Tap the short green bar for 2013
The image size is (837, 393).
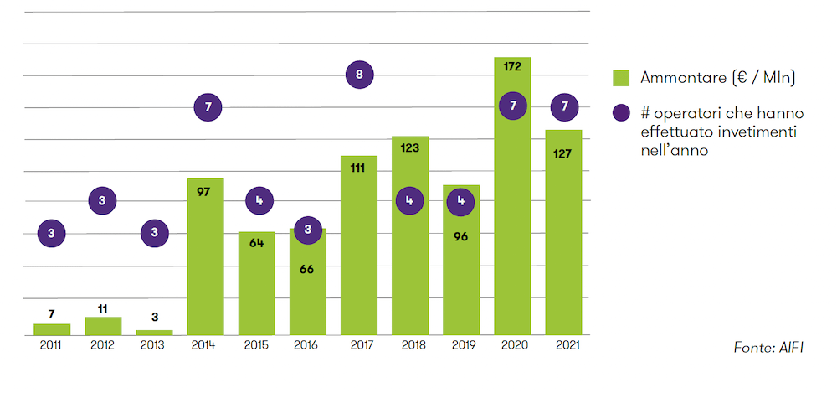[154, 332]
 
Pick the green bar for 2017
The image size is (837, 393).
[358, 251]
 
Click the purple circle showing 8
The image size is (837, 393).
[359, 75]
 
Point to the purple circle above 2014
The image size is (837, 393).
[207, 107]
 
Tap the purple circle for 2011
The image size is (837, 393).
[51, 233]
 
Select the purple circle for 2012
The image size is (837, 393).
[102, 200]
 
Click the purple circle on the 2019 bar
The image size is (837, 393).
[460, 201]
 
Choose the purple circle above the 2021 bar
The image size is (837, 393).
[565, 106]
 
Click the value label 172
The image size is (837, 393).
[512, 65]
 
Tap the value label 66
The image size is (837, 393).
[307, 269]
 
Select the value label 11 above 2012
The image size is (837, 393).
[102, 308]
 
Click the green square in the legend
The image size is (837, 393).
[620, 77]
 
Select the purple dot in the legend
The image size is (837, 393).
[620, 112]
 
